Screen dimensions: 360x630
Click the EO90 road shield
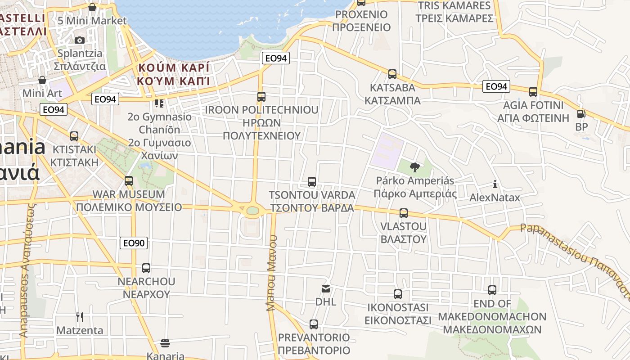[134, 243]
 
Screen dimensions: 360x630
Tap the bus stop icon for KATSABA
[392, 74]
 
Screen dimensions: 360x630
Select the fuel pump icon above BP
[581, 114]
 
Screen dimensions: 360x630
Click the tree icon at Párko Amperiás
[414, 167]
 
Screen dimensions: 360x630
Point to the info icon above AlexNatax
[495, 184]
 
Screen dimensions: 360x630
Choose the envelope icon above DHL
[325, 288]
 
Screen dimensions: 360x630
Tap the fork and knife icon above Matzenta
[80, 317]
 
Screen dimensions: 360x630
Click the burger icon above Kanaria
[165, 343]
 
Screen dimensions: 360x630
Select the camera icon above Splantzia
[80, 40]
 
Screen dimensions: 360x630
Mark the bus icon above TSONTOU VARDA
[311, 182]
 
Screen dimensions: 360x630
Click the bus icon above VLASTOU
[404, 213]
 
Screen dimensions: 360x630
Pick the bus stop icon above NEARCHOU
[146, 268]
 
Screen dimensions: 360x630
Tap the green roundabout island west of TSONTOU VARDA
[252, 210]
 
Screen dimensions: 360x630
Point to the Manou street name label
[271, 273]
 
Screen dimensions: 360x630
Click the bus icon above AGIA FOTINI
[533, 92]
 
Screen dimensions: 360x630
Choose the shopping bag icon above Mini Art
[42, 80]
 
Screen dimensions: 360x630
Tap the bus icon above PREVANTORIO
[314, 324]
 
